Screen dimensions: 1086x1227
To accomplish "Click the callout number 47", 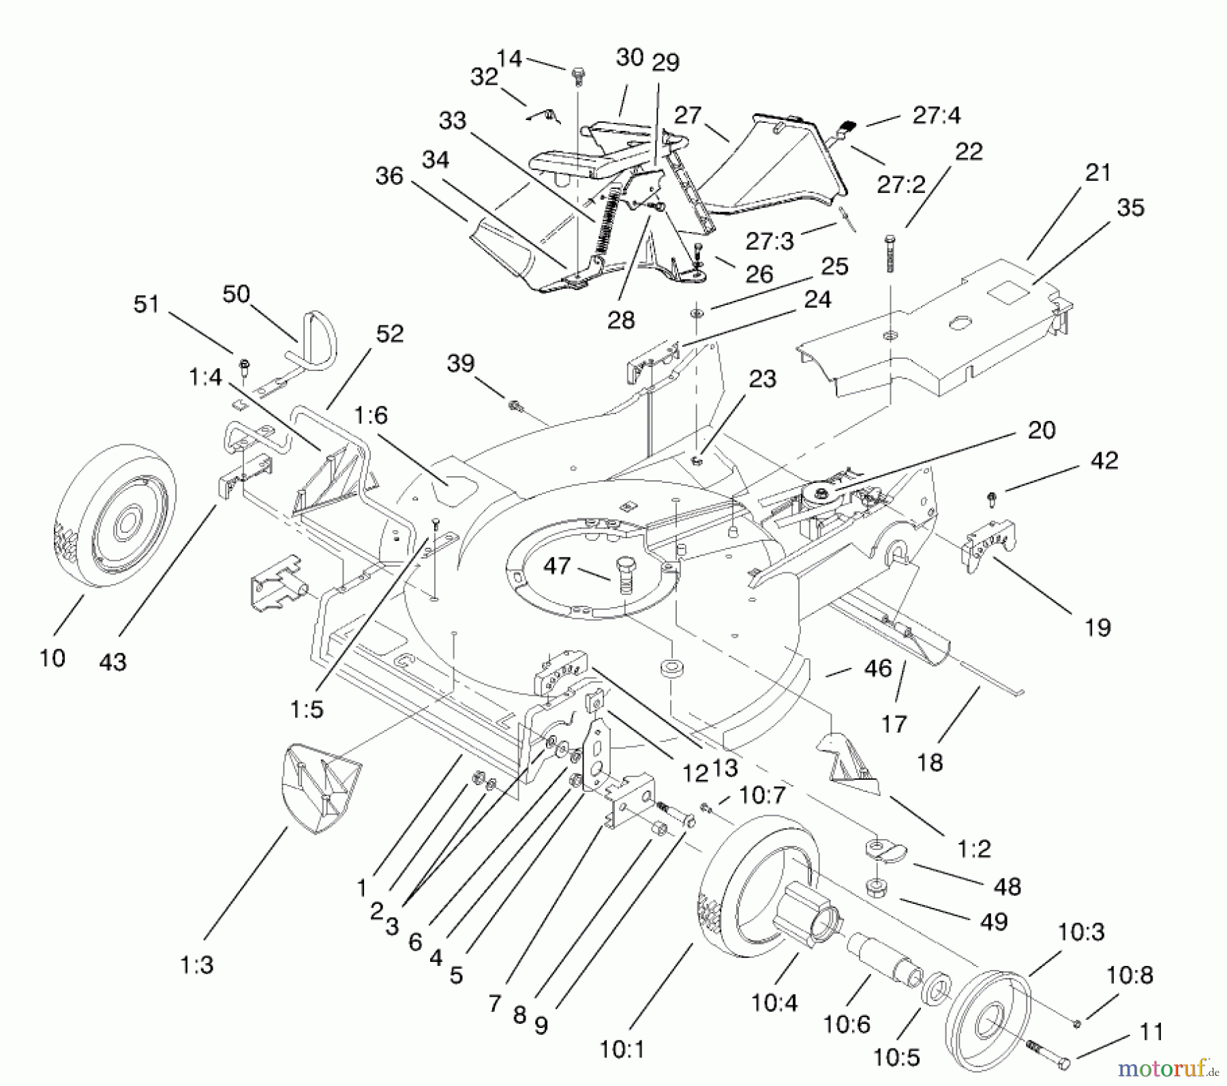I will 556,566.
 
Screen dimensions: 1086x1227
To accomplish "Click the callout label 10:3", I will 1081,931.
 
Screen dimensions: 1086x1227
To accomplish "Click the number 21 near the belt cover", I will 1097,173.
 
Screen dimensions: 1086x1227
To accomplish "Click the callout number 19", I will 1097,627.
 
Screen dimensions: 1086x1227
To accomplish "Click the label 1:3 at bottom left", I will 196,965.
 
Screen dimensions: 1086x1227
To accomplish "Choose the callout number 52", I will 389,334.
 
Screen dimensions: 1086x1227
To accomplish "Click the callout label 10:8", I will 1129,975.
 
